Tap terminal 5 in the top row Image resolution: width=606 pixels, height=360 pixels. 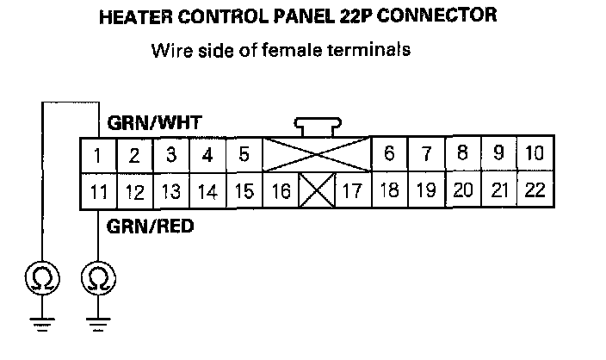tap(244, 155)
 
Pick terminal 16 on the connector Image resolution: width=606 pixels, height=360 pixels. tap(280, 191)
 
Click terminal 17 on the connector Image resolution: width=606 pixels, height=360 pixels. tap(351, 191)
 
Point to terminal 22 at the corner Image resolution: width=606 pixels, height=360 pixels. tap(535, 190)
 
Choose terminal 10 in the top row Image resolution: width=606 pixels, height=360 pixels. tap(535, 154)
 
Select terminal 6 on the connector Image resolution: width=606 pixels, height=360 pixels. tap(389, 155)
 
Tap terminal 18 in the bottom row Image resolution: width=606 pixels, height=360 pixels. tap(389, 191)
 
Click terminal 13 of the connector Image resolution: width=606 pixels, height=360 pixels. tap(171, 191)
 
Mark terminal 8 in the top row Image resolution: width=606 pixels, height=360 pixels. tap(462, 154)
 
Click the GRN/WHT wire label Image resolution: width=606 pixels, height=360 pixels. tap(155, 123)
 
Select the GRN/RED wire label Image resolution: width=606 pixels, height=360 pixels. tap(151, 227)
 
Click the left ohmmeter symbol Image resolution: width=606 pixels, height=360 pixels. tap(43, 278)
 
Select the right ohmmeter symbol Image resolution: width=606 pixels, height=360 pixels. tap(98, 278)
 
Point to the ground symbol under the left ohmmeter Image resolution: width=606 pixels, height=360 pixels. tap(43, 323)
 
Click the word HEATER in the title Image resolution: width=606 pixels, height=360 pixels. tap(141, 16)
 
